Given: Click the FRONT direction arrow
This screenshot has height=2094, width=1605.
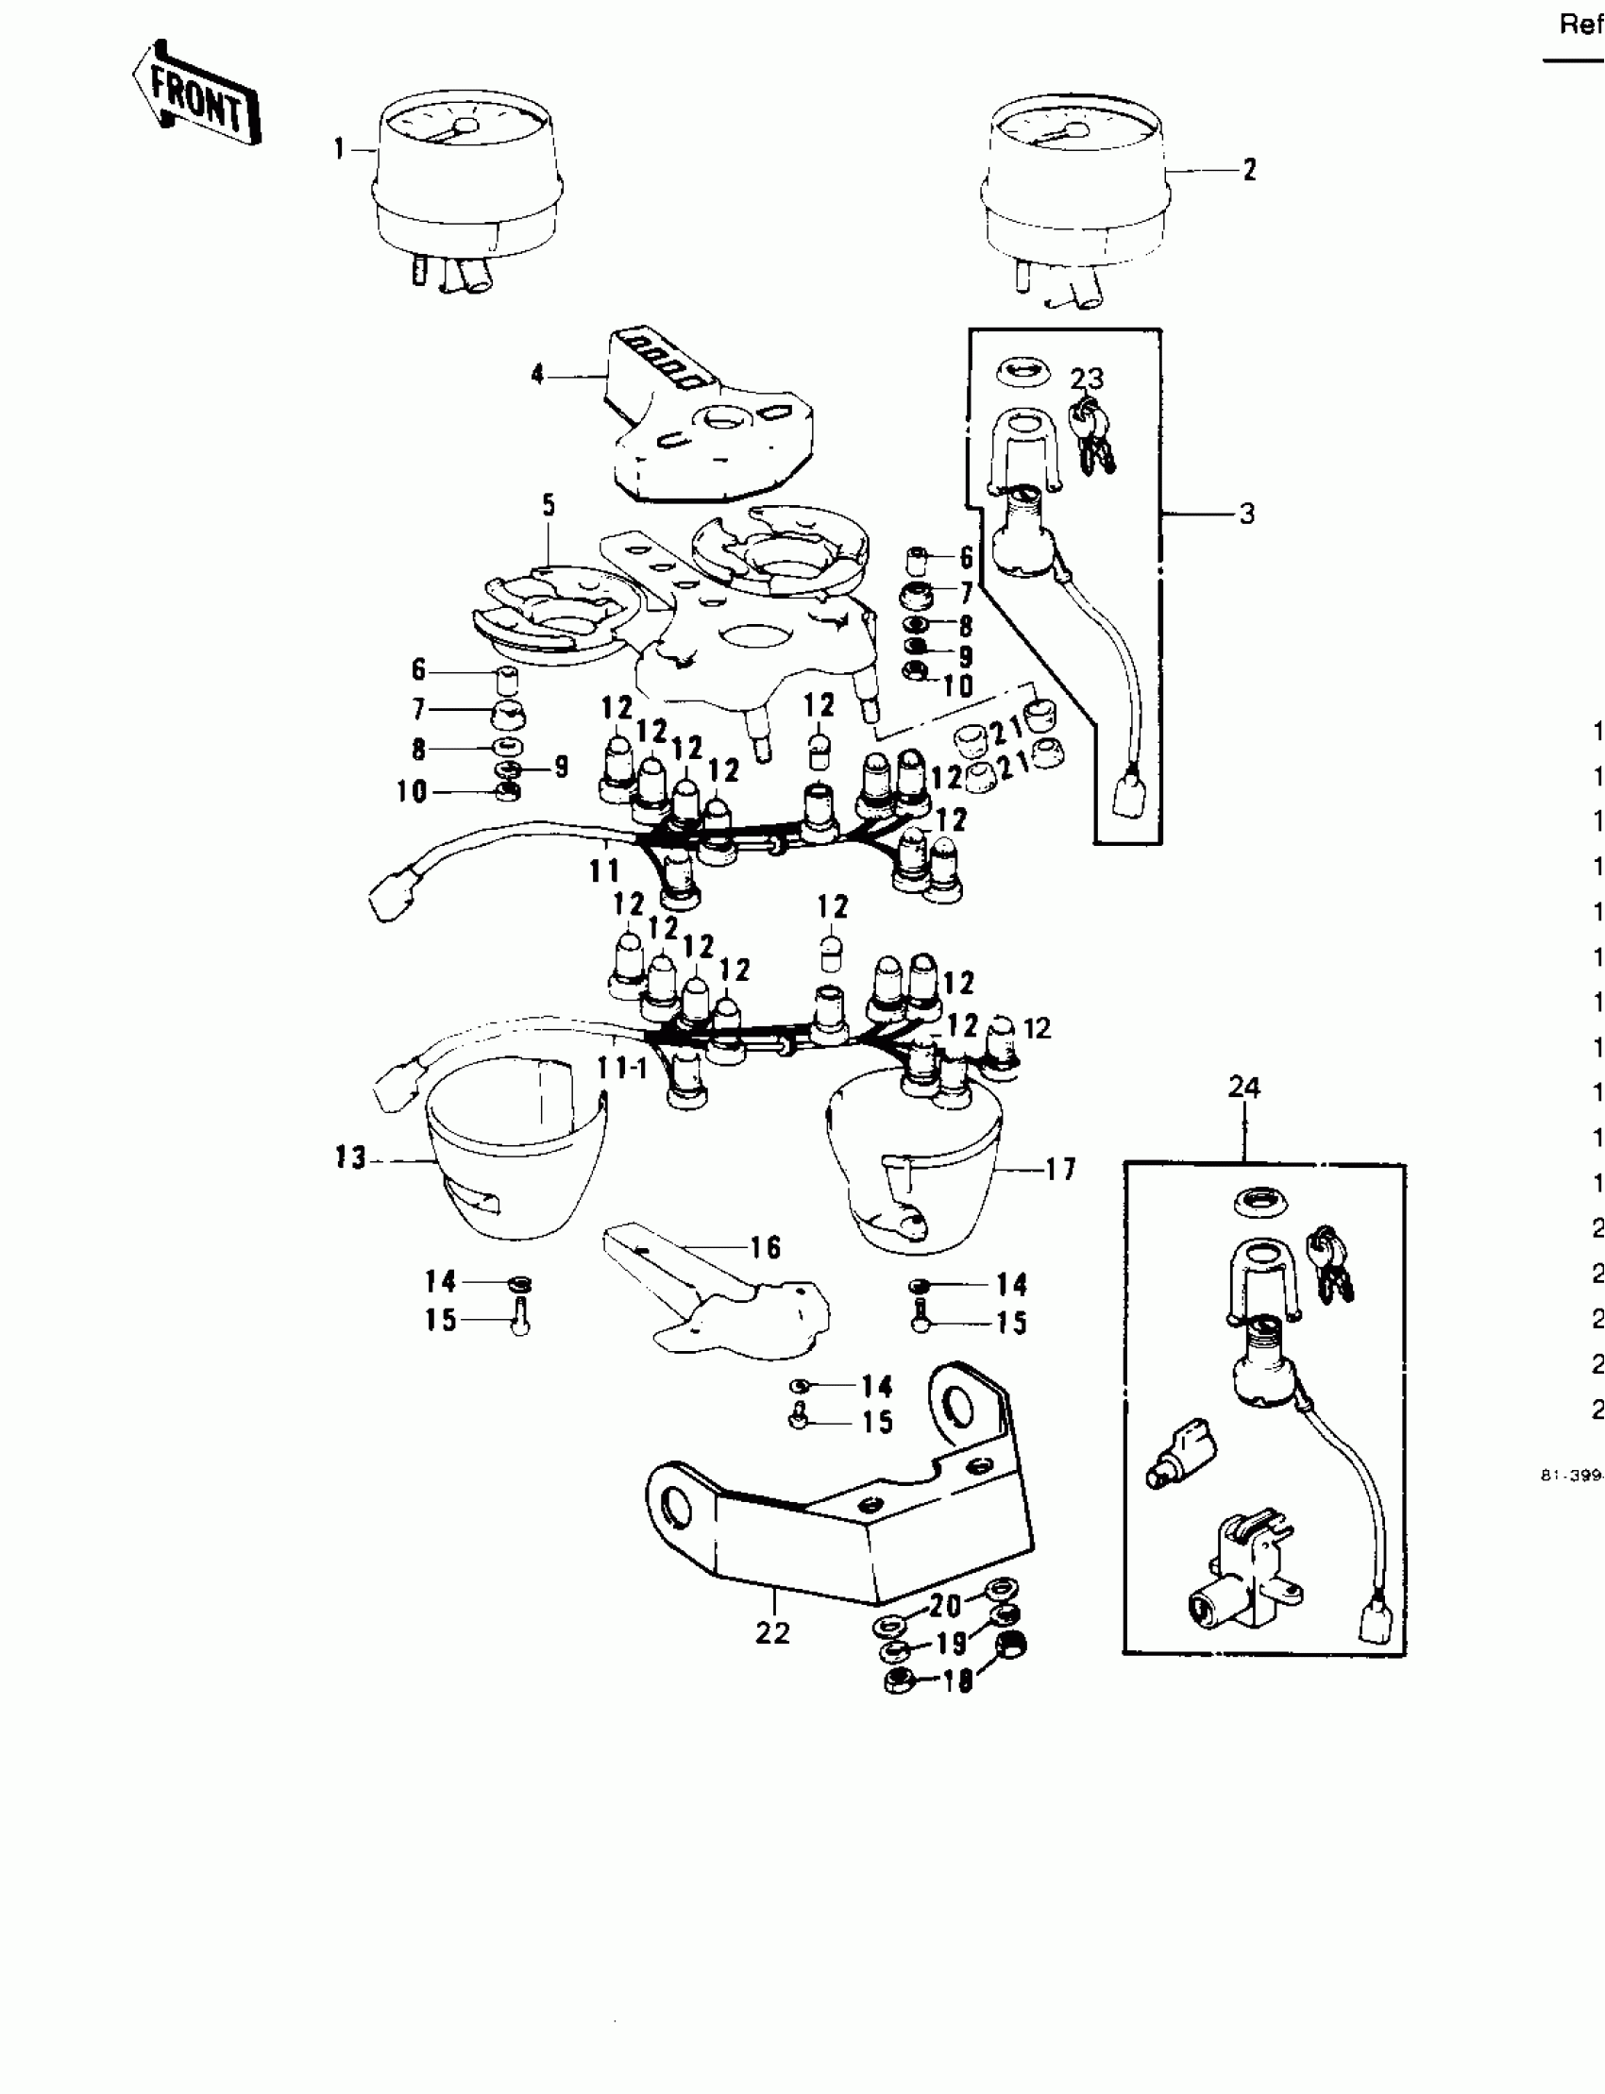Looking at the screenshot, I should click(x=197, y=94).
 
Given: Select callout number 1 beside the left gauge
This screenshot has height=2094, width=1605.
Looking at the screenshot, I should click(x=339, y=149).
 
